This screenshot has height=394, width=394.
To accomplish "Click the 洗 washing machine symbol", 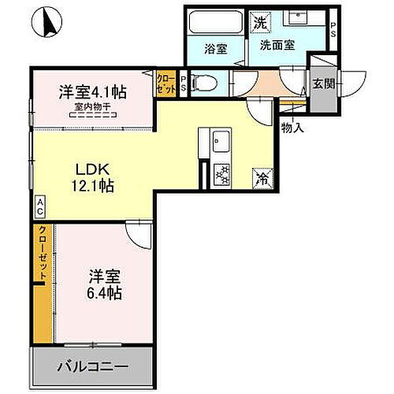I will [x=259, y=23].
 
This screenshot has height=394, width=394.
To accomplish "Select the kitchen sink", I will [x=218, y=143].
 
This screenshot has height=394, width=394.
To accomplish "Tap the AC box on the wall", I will [x=39, y=207].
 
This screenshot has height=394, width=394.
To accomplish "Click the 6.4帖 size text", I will [x=105, y=292].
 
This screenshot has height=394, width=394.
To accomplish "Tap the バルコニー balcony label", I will [x=91, y=367].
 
